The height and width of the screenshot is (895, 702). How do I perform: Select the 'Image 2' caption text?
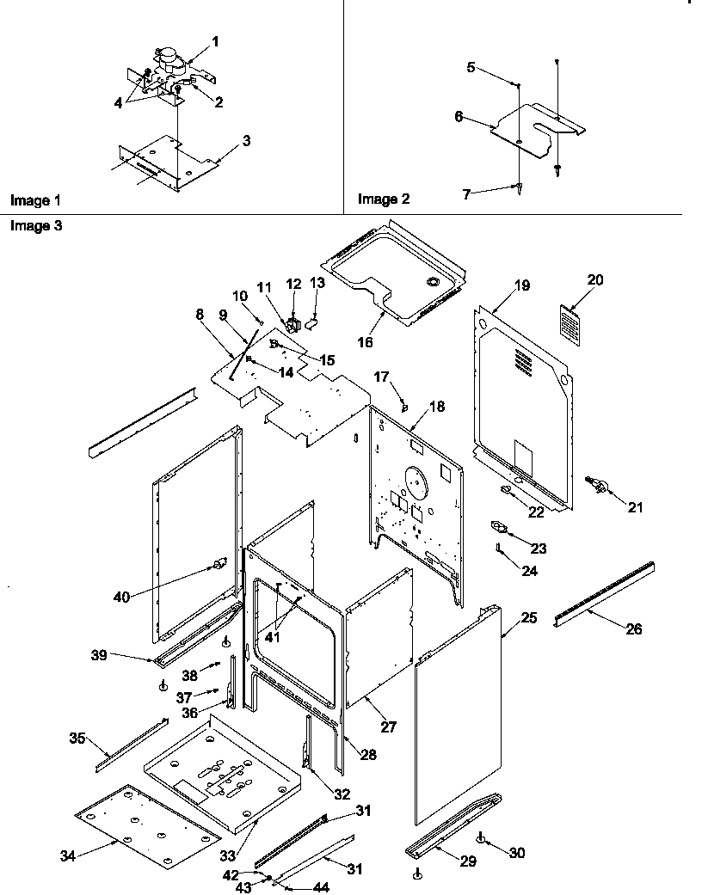click(x=384, y=199)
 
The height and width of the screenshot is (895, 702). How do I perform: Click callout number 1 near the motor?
click(x=215, y=41)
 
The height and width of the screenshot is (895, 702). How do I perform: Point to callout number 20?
click(x=595, y=279)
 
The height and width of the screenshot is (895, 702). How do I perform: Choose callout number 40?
click(x=121, y=597)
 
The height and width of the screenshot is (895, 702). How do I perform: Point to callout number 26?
click(x=633, y=628)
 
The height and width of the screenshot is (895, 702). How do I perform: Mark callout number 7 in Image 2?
click(x=467, y=195)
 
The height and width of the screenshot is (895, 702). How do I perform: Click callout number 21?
click(x=635, y=507)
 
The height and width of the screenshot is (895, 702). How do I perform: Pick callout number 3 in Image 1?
click(x=246, y=140)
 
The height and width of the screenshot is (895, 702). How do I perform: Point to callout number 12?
click(x=294, y=283)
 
